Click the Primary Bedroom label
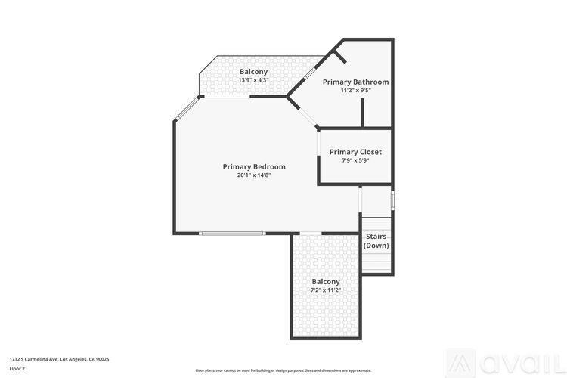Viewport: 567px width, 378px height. tap(254, 166)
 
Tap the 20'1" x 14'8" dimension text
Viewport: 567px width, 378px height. tap(254, 175)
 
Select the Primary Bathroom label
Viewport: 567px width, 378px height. tap(355, 82)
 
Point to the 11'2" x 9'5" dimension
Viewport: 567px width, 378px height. tap(355, 90)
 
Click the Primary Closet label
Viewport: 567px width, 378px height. tap(355, 152)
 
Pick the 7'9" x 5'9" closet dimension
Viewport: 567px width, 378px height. tap(355, 160)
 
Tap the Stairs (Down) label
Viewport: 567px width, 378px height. tap(376, 241)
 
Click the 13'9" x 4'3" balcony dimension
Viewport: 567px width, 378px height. tap(254, 80)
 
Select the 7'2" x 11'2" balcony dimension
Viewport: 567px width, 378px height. tap(326, 290)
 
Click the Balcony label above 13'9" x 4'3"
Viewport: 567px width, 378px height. tap(254, 72)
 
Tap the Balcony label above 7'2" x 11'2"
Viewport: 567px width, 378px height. tap(326, 281)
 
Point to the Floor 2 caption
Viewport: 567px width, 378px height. tap(17, 368)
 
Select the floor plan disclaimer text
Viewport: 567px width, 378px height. tap(283, 370)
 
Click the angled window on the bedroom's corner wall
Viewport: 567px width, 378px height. tap(187, 110)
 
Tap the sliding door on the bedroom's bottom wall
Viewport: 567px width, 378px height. tap(232, 233)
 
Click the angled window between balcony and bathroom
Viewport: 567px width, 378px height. tap(309, 75)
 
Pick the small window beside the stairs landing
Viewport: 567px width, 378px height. tap(392, 200)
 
